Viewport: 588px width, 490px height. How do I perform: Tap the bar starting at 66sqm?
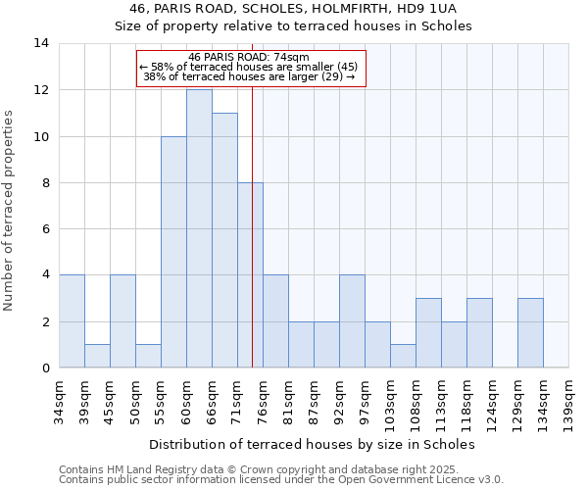224,240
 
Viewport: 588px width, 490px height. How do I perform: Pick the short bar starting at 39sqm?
97,356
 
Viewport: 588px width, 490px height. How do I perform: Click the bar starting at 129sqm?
530,332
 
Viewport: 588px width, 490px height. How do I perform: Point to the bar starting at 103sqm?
403,356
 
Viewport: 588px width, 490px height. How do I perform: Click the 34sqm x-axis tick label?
59,400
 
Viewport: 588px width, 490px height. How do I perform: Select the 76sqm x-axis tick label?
263,400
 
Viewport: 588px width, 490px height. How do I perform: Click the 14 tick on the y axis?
41,43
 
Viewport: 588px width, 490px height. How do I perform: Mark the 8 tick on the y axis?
45,183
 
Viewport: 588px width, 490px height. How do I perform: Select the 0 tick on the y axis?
45,368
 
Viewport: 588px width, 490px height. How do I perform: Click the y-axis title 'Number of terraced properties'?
10,211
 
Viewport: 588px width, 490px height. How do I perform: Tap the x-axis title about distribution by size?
314,444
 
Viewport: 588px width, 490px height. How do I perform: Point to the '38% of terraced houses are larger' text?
249,76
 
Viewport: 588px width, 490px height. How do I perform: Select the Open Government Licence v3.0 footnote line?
281,479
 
